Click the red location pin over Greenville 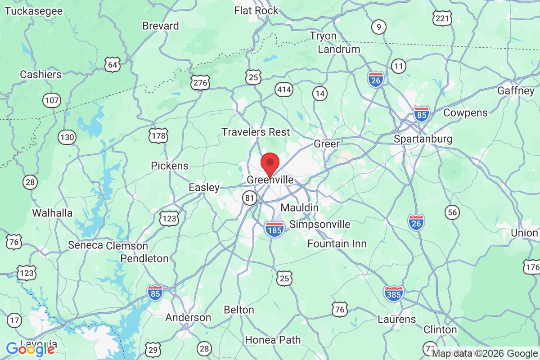tap(270, 163)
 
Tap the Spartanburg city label tap(423, 139)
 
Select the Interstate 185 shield tap(274, 229)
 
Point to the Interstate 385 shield tap(394, 293)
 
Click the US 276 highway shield tap(200, 82)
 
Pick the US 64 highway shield tap(112, 65)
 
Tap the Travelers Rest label tap(256, 132)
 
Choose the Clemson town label tap(127, 246)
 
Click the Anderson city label tap(188, 318)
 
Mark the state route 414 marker tap(284, 90)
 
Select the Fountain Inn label tap(337, 244)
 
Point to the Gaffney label tap(516, 90)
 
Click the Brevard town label tap(161, 26)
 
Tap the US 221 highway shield tap(442, 18)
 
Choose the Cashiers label tap(41, 74)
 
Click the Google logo tap(31, 349)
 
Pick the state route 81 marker tap(250, 197)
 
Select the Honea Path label tap(273, 340)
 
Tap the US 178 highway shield tap(159, 135)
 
